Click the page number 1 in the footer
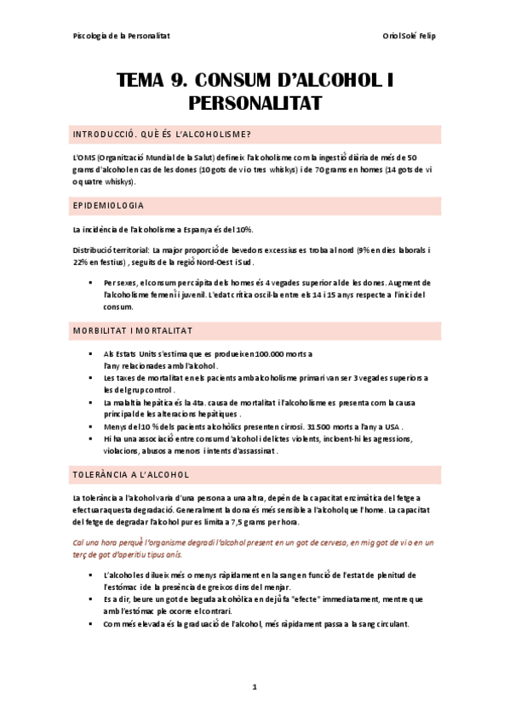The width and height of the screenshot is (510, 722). (x=255, y=686)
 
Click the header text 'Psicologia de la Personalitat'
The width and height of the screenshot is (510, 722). (x=122, y=36)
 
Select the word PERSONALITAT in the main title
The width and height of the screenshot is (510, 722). (x=255, y=104)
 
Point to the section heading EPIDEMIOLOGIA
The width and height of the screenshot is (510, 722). (x=109, y=206)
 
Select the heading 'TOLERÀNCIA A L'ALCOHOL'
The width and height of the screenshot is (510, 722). (x=131, y=474)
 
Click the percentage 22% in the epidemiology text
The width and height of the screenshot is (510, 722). (x=83, y=262)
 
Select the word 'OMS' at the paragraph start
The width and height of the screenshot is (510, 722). (x=84, y=158)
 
